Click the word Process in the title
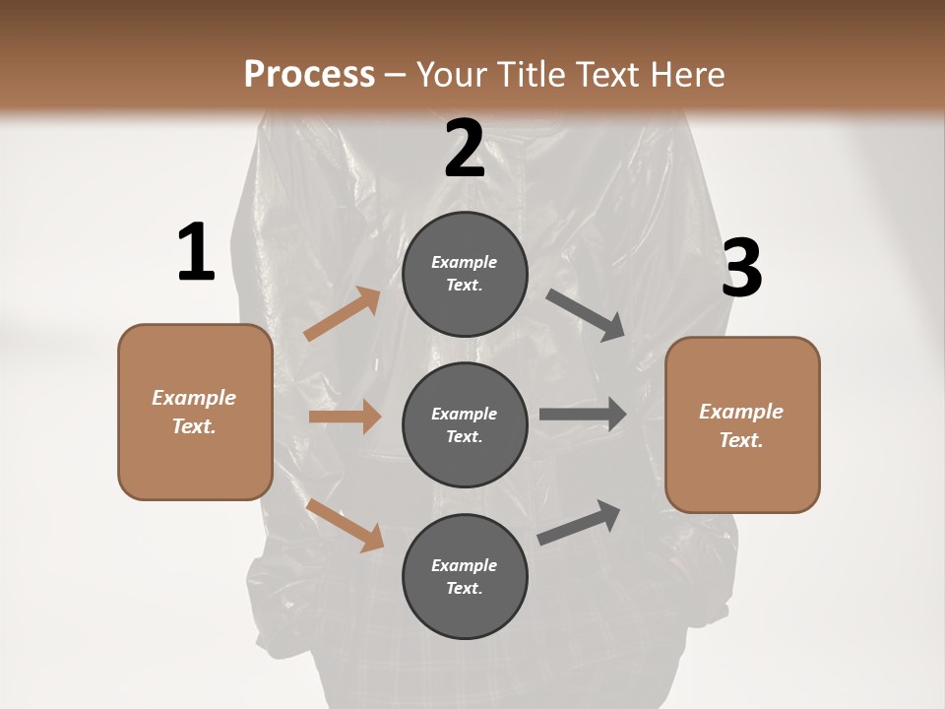pyautogui.click(x=309, y=74)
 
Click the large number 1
pyautogui.click(x=196, y=253)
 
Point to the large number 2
pyautogui.click(x=465, y=149)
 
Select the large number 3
pyautogui.click(x=742, y=270)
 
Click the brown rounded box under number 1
pyautogui.click(x=195, y=412)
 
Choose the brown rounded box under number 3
pyautogui.click(x=742, y=425)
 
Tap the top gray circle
pyautogui.click(x=465, y=274)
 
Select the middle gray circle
pyautogui.click(x=465, y=424)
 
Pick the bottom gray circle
pyautogui.click(x=465, y=576)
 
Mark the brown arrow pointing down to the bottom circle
pyautogui.click(x=346, y=524)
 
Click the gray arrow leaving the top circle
pyautogui.click(x=586, y=314)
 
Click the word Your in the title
pyautogui.click(x=451, y=74)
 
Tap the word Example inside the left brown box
pyautogui.click(x=194, y=398)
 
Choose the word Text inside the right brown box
pyautogui.click(x=740, y=440)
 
